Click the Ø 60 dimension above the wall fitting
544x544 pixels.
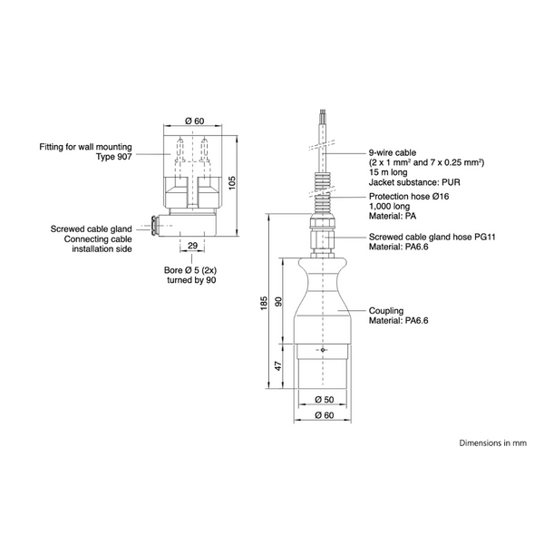192,121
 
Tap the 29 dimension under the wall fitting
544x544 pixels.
192,246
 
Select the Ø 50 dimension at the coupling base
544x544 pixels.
323,400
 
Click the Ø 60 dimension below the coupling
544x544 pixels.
323,415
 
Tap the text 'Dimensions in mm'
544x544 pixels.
493,443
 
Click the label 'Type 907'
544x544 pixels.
114,157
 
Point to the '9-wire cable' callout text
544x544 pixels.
392,151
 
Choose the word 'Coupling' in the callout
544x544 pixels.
386,311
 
